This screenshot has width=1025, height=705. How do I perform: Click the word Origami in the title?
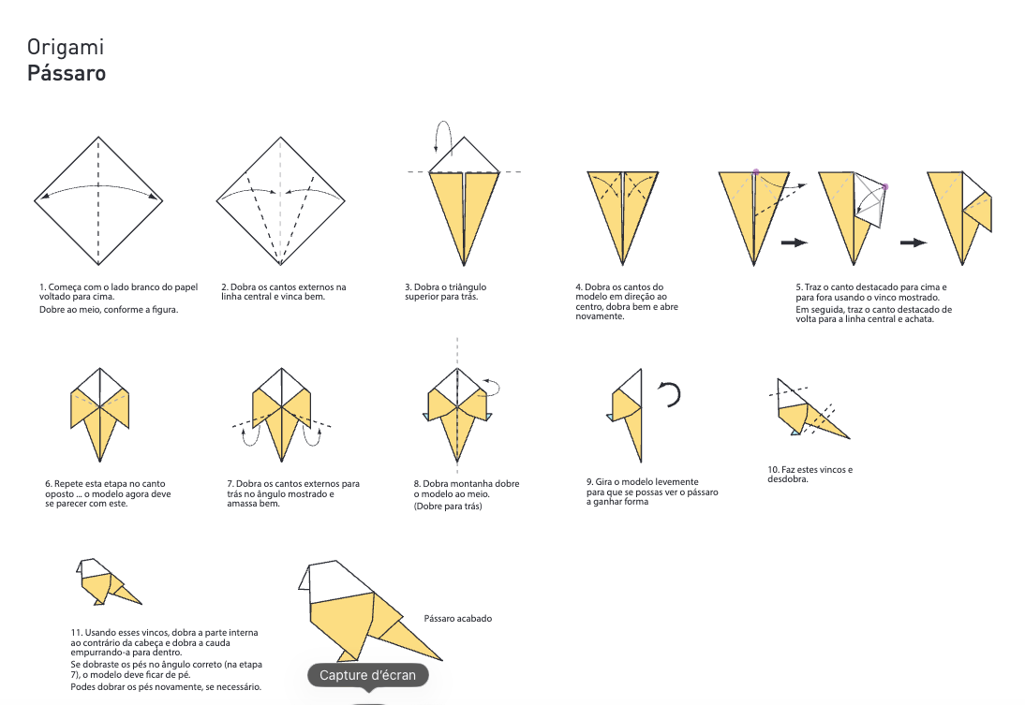point(65,47)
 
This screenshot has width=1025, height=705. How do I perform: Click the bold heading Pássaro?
point(66,73)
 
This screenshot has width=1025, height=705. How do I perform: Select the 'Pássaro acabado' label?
point(458,618)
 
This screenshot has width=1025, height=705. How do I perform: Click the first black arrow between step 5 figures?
point(794,242)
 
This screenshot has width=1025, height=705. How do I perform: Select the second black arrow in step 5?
point(914,242)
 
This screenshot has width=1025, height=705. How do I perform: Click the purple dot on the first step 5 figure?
point(755,172)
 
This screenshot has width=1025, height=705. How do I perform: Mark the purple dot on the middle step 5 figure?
point(884,187)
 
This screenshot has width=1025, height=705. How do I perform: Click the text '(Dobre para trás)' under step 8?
point(448,507)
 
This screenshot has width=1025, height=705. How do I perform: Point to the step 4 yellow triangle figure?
point(623,211)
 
